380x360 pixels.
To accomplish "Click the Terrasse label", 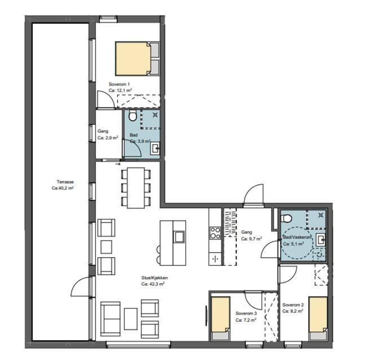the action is [x=65, y=182].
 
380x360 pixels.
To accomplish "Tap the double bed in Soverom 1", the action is [x=138, y=59].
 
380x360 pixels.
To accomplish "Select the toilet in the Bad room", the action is [x=132, y=115].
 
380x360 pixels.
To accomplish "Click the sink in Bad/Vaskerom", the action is [x=321, y=240].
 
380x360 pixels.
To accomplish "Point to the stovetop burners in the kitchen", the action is [x=215, y=232].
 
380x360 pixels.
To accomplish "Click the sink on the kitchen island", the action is [x=179, y=237].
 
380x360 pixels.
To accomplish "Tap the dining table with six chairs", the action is [x=136, y=188].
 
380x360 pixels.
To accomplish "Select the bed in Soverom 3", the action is [x=220, y=318].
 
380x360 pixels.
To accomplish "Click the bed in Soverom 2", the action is [x=318, y=318].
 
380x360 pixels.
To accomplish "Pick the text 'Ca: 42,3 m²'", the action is [x=153, y=284].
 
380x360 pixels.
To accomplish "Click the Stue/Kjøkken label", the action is [x=154, y=278].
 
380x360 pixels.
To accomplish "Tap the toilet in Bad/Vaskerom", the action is [x=286, y=218].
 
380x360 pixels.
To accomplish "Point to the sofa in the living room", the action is [x=111, y=319].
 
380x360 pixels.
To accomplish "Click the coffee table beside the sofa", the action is [x=131, y=319].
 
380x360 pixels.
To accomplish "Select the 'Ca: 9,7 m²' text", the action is [x=251, y=239].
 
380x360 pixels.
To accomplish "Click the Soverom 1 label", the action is [x=119, y=84].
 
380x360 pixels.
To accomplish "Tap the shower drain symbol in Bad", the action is [x=155, y=115].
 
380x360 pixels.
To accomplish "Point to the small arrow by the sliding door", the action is [x=118, y=164].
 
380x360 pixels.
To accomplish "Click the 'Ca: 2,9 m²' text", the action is [x=108, y=138].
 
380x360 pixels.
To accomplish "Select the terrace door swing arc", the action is [x=78, y=284].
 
